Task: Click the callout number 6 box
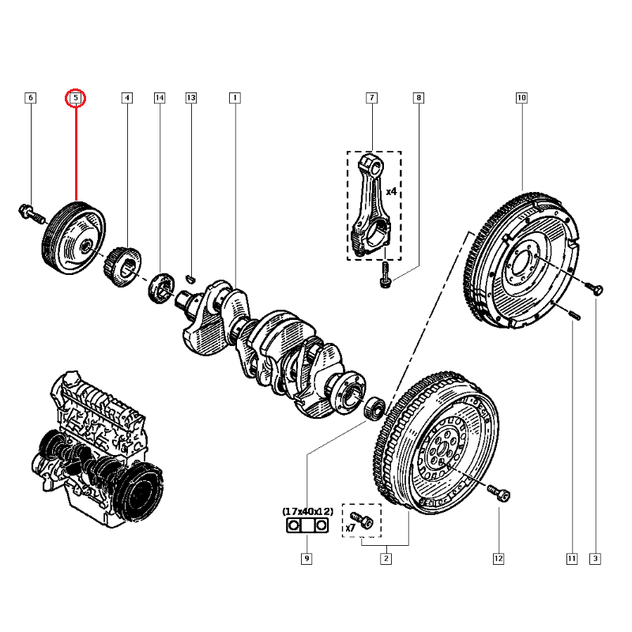(x=31, y=98)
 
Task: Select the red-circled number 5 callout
(x=76, y=98)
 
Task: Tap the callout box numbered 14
(x=160, y=98)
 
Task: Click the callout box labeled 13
(x=190, y=98)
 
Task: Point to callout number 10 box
(x=521, y=98)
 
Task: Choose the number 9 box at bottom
(x=307, y=559)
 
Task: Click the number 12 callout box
(x=498, y=559)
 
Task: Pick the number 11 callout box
(x=571, y=559)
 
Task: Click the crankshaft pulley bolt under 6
(x=29, y=213)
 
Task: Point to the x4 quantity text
(x=391, y=191)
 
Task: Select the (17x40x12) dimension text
(x=307, y=511)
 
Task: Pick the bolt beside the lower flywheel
(x=499, y=494)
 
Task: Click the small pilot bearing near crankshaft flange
(x=377, y=408)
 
